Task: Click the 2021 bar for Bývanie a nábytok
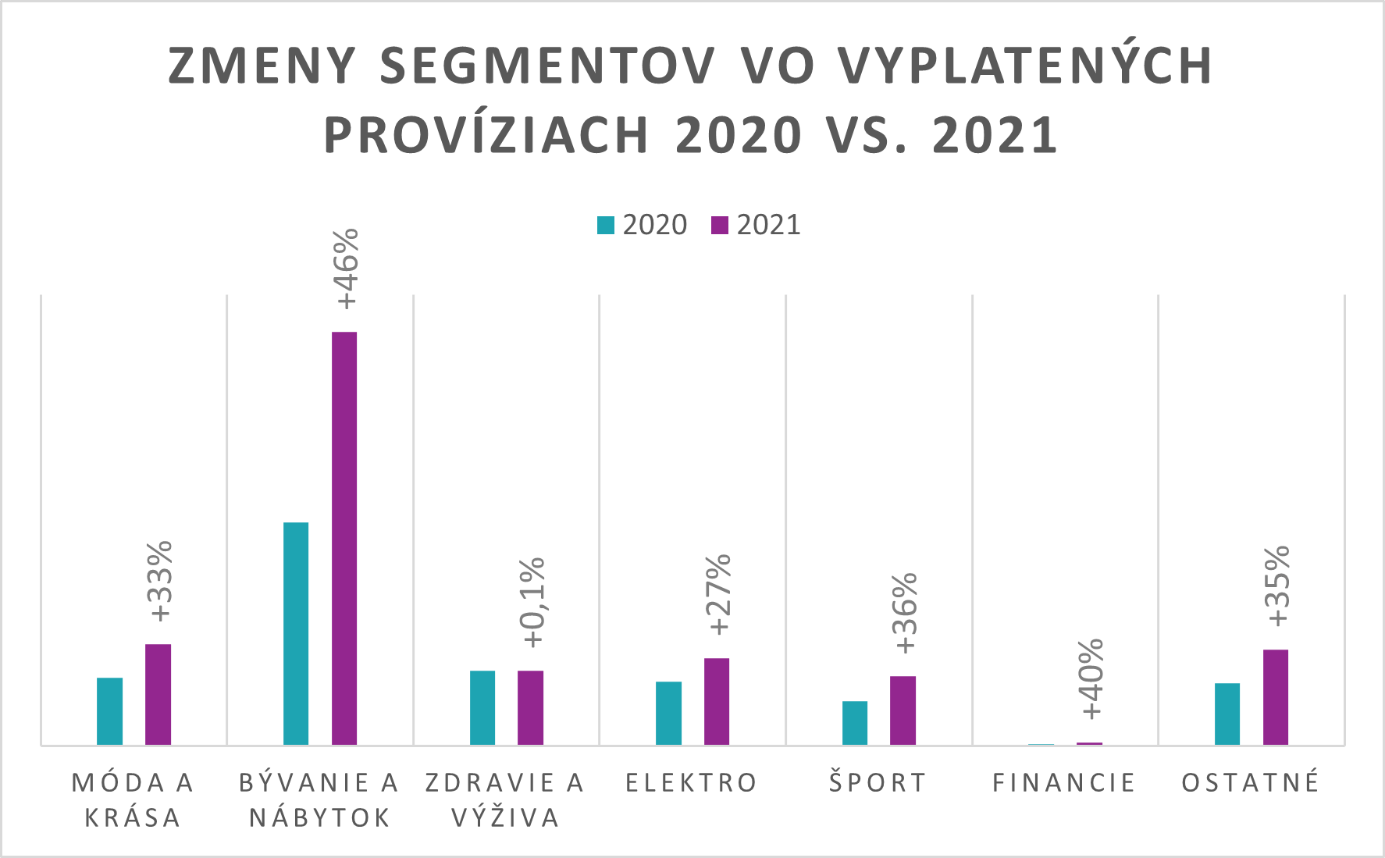(344, 538)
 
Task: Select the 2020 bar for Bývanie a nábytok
(296, 633)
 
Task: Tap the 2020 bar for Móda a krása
(109, 710)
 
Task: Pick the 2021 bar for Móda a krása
(158, 694)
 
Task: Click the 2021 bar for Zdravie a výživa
(530, 707)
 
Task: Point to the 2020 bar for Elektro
(668, 713)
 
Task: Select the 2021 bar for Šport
(903, 710)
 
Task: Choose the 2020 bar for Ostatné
(1227, 714)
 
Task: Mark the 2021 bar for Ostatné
(1276, 696)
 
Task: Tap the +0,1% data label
(534, 602)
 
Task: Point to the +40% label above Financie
(1091, 678)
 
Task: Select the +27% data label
(718, 594)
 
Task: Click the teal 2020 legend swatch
(606, 225)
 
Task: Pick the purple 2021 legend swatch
(720, 225)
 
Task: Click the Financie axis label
(1063, 782)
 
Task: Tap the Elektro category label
(692, 782)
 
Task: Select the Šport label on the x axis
(878, 782)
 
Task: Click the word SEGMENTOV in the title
(547, 66)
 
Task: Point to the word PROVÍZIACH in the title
(486, 136)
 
